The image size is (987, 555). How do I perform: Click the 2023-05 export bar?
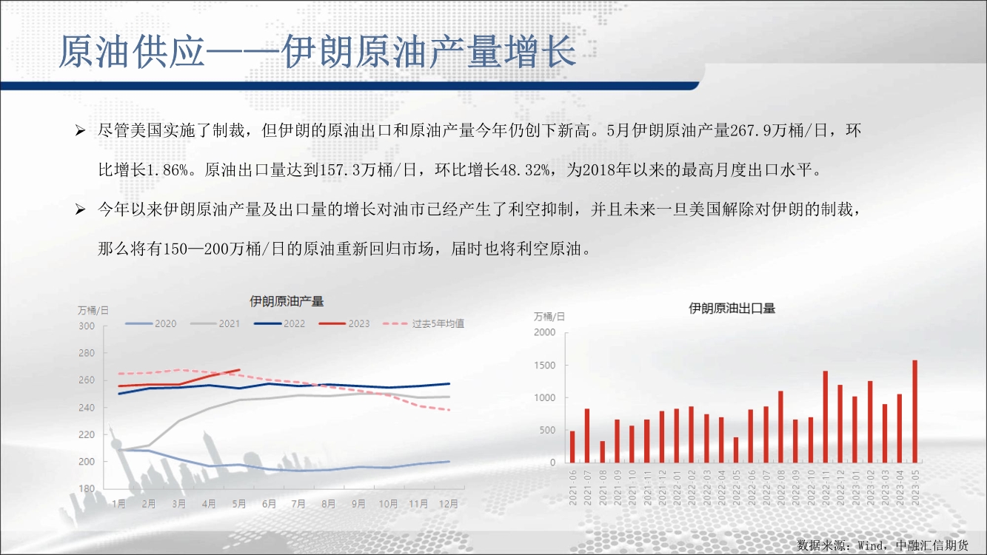[914, 411]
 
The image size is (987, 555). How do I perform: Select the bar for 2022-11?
[826, 417]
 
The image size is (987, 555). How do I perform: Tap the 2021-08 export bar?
[602, 452]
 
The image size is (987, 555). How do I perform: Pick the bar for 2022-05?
[736, 450]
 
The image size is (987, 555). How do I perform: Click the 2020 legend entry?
[151, 324]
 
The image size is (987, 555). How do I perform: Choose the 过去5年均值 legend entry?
[424, 324]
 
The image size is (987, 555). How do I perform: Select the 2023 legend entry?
[344, 324]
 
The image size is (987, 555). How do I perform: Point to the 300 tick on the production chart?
[87, 326]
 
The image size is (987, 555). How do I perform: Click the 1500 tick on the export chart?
[545, 365]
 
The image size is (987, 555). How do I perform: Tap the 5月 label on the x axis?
[239, 503]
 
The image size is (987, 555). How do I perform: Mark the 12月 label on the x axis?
[449, 503]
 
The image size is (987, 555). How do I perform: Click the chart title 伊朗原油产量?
[287, 301]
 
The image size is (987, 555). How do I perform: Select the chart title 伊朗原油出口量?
[732, 309]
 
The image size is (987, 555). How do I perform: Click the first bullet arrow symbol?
[80, 131]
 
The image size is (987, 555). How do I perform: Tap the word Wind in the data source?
[871, 545]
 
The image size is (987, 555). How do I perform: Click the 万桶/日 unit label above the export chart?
[549, 317]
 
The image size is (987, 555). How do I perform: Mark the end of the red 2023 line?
[239, 369]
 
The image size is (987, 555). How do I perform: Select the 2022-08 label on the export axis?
[780, 488]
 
